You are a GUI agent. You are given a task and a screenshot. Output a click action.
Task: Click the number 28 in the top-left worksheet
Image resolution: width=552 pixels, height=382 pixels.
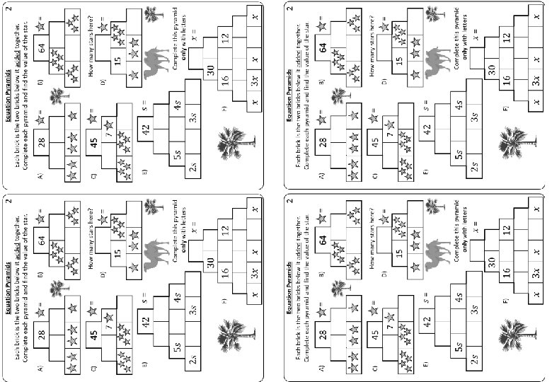click(x=42, y=142)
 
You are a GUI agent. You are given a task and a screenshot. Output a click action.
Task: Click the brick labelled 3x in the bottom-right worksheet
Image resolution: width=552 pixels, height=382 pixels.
click(x=536, y=273)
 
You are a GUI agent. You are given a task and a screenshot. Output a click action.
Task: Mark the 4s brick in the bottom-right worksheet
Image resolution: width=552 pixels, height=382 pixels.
click(x=461, y=296)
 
